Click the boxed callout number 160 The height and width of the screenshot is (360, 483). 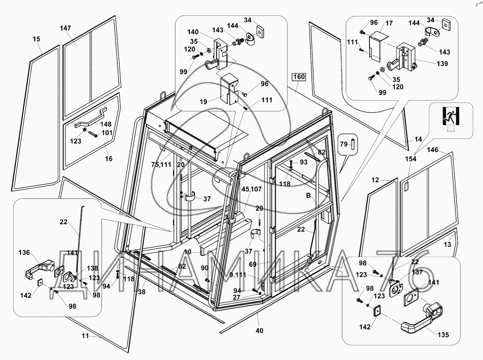tap(298, 78)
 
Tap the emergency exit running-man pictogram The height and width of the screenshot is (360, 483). tap(450, 115)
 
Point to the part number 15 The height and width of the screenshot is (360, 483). tap(36, 39)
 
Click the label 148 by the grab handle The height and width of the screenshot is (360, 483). tap(106, 124)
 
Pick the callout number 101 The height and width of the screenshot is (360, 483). tap(107, 133)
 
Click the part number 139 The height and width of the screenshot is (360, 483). tap(442, 64)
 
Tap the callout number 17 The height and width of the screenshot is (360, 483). tap(389, 23)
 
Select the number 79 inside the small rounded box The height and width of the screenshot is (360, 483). tap(344, 144)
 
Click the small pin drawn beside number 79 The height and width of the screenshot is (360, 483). tap(354, 144)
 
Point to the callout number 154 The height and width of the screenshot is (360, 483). tap(410, 159)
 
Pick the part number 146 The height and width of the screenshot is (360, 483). tap(433, 150)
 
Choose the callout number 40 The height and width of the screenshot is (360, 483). tap(260, 331)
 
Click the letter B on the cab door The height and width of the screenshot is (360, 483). tap(308, 195)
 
